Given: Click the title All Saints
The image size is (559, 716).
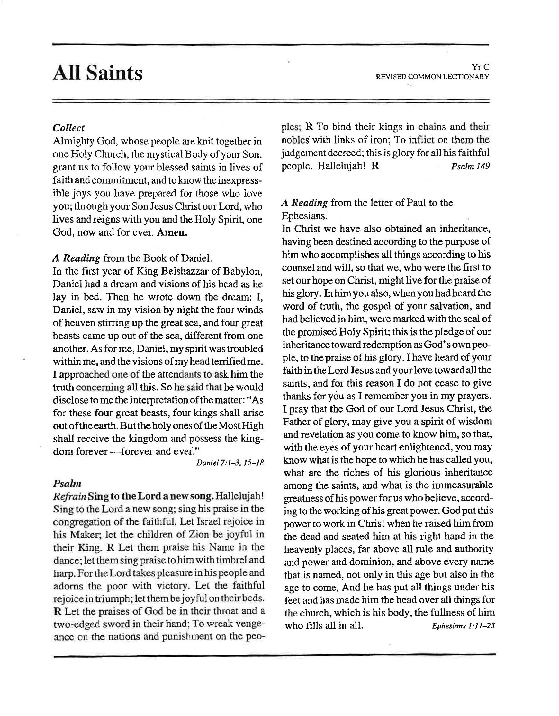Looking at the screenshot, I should pyautogui.click(x=97, y=73).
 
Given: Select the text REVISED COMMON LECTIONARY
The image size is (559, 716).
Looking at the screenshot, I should pyautogui.click(x=432, y=77).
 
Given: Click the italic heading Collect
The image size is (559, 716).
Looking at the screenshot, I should pyautogui.click(x=68, y=128).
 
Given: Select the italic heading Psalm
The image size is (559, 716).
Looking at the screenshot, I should pyautogui.click(x=67, y=483).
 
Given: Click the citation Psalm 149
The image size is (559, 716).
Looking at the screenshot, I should pyautogui.click(x=470, y=166).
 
